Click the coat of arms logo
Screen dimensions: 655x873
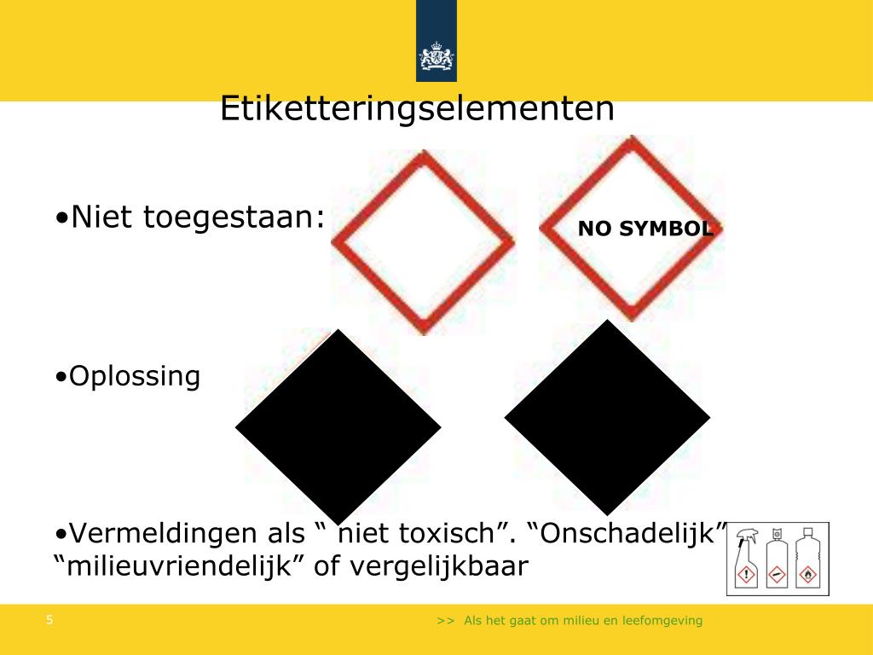436,58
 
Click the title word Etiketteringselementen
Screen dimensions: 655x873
417,110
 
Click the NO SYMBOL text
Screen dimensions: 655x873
645,229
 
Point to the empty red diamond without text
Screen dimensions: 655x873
423,242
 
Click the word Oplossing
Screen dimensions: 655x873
134,376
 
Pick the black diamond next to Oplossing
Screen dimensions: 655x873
338,426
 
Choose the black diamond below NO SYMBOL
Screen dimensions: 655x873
607,418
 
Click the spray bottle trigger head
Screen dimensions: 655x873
748,536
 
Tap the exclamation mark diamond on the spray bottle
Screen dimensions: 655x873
747,574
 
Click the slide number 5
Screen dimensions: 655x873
50,620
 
